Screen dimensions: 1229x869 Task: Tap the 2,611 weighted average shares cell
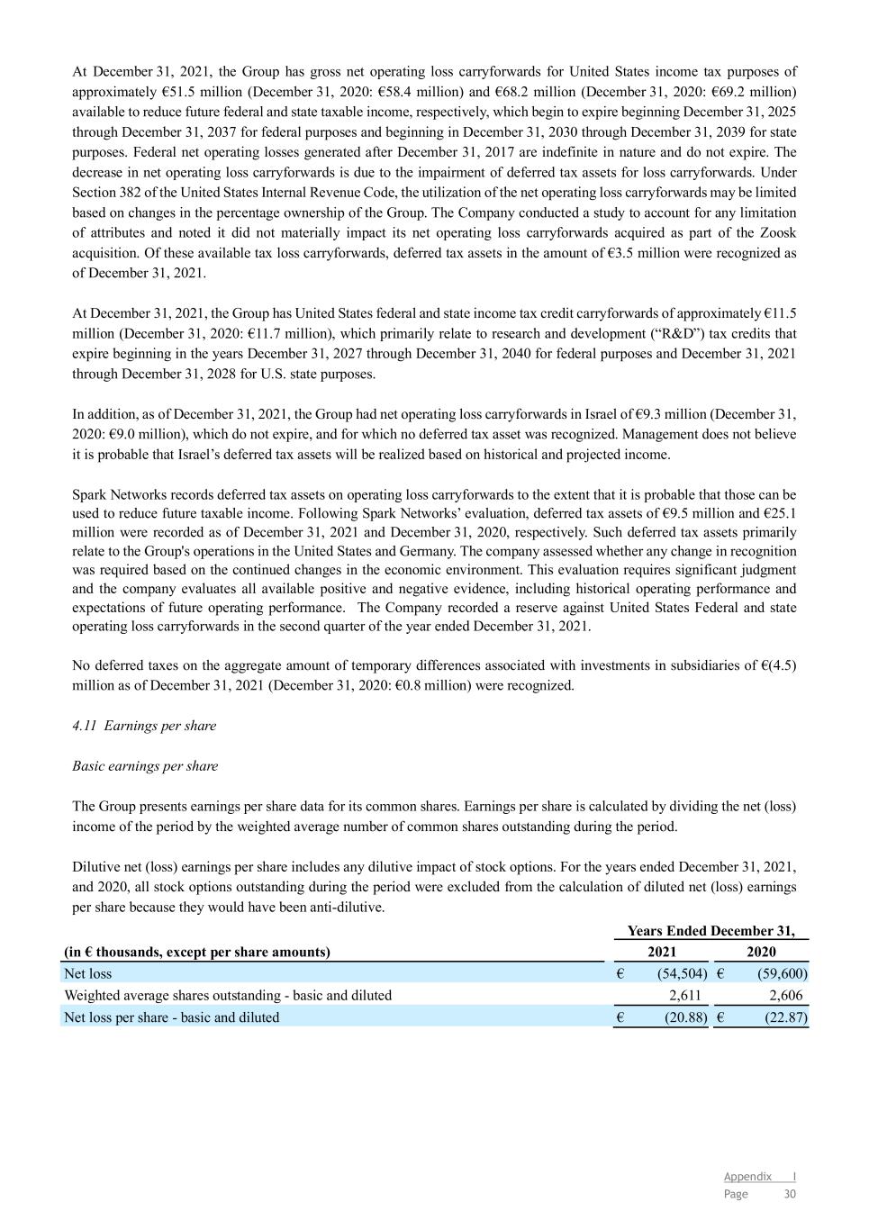(x=686, y=996)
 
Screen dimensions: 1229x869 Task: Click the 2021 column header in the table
(x=662, y=952)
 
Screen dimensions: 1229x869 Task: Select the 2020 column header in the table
(x=761, y=952)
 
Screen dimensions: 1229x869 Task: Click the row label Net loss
(x=88, y=973)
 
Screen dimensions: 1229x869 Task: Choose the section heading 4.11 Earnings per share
(x=144, y=726)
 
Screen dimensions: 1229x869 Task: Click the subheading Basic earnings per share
(x=145, y=766)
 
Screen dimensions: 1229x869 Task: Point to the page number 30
(x=790, y=1194)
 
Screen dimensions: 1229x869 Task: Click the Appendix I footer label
(x=759, y=1177)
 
